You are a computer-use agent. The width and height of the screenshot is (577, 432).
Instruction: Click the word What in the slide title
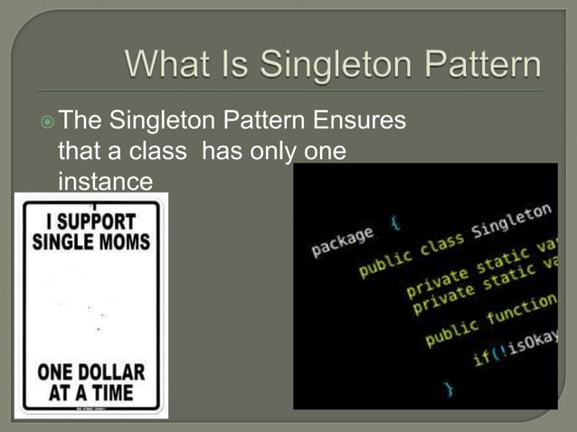[166, 65]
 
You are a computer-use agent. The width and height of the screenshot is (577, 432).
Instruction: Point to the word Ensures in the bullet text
[362, 121]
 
